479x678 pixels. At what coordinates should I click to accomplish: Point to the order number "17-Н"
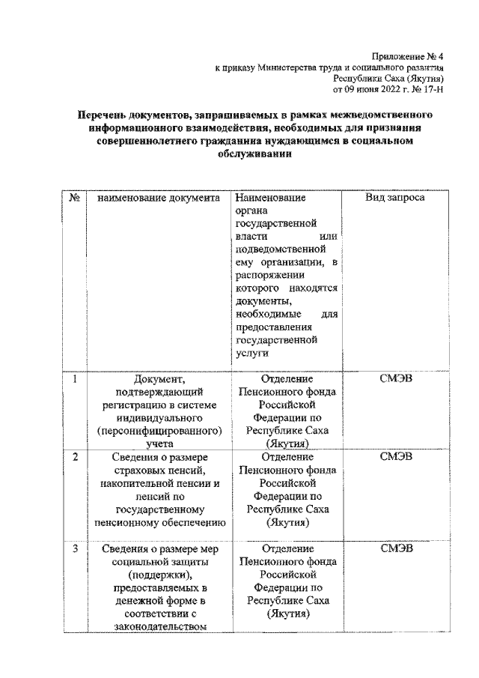point(436,88)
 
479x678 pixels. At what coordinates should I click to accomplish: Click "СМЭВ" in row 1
point(395,379)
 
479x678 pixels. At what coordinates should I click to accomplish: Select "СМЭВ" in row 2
point(395,456)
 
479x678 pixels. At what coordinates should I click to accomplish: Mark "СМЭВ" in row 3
point(395,548)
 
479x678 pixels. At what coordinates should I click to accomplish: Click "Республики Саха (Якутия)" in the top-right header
point(390,78)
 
